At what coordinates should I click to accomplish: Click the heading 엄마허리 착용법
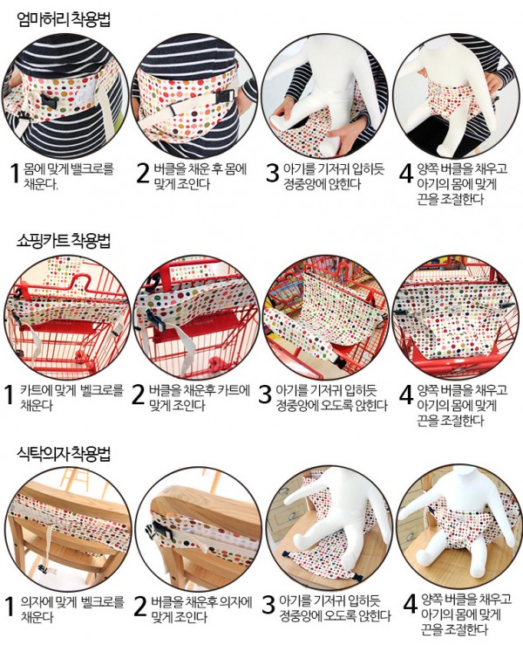(x=65, y=19)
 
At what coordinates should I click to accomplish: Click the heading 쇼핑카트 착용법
(x=65, y=240)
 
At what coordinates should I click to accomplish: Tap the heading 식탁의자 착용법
(x=65, y=453)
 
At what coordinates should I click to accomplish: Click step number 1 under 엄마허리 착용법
(x=14, y=173)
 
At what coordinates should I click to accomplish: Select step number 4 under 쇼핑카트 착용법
(x=405, y=395)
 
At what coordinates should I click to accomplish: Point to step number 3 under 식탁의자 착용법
(x=268, y=605)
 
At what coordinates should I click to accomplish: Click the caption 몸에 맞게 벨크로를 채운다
(x=68, y=176)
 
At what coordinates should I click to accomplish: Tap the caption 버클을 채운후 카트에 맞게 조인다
(x=199, y=398)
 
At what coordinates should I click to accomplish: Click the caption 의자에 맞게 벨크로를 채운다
(x=72, y=609)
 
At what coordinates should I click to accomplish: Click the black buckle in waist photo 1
(x=50, y=101)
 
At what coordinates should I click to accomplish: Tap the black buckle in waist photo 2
(x=225, y=98)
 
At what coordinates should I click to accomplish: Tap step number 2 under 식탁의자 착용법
(x=140, y=607)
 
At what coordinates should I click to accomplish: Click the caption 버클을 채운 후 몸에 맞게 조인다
(x=200, y=176)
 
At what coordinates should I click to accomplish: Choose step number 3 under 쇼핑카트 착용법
(x=265, y=395)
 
